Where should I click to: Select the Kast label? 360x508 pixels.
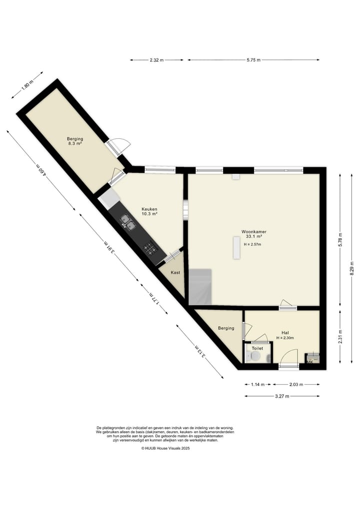coord(175,273)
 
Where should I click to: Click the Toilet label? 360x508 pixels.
coord(257,348)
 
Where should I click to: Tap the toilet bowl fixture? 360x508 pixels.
coord(255,356)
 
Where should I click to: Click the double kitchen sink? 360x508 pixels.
coord(128,222)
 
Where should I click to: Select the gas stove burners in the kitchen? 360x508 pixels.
coord(150,247)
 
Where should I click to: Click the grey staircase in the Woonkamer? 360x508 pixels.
coord(200,287)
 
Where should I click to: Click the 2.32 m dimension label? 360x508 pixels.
coord(156,60)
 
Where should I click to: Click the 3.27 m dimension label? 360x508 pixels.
coord(282,396)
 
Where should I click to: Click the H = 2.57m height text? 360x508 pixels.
coord(252,245)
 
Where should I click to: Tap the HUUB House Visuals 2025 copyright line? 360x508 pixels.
coord(165,449)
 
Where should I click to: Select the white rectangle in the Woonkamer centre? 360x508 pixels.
coord(236,248)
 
